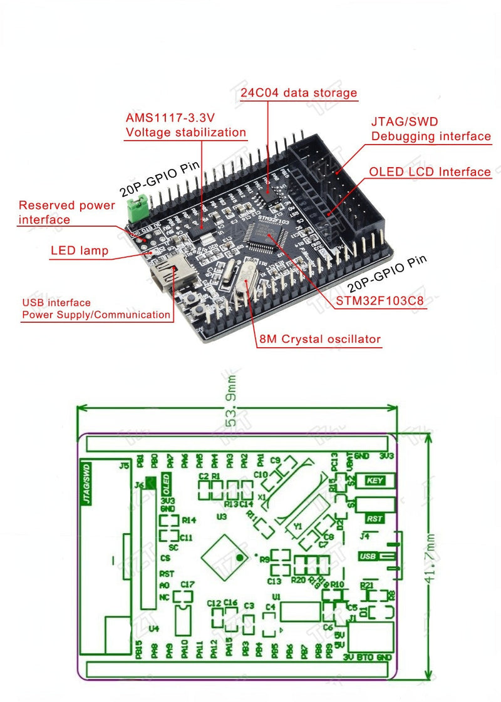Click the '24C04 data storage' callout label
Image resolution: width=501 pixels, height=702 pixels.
click(299, 93)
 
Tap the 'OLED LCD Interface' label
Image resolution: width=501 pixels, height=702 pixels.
click(430, 171)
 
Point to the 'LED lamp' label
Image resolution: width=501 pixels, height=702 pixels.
click(79, 251)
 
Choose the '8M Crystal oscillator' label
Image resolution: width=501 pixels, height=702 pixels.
click(319, 339)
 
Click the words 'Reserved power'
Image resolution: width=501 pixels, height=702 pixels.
click(66, 205)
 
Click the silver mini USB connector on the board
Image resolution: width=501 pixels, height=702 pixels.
click(165, 275)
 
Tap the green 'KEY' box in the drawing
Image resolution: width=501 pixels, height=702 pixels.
click(374, 481)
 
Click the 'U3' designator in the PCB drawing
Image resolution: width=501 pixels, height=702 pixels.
click(221, 517)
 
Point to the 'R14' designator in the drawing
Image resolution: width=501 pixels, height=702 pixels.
click(189, 520)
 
